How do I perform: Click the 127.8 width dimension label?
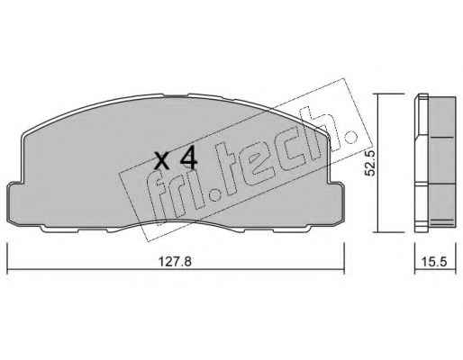(175, 262)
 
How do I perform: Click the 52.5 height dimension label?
(369, 163)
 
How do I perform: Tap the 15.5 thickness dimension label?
(434, 262)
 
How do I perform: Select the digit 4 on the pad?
(188, 159)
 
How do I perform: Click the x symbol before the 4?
(162, 161)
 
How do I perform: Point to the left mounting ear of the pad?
(15, 203)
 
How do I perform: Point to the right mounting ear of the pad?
(336, 203)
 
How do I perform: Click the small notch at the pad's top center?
(176, 96)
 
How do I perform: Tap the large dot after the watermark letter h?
(350, 137)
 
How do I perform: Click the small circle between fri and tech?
(214, 196)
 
